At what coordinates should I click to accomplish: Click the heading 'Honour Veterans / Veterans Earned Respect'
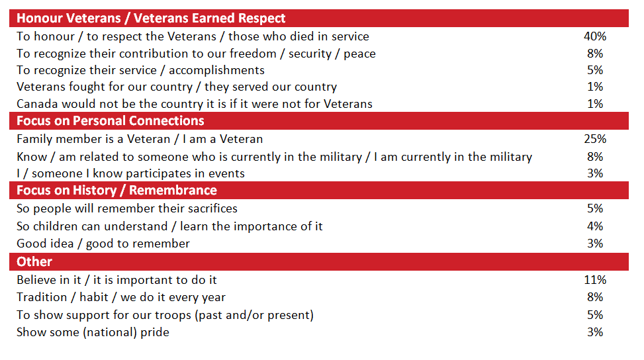(152, 19)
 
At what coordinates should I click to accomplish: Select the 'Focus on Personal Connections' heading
(110, 121)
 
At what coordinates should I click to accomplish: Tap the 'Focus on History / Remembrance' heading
(116, 191)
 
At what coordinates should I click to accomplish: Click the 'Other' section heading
(34, 262)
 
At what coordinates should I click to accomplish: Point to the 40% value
(595, 36)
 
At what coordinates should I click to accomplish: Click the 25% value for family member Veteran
(595, 139)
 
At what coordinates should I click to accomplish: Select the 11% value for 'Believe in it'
(595, 280)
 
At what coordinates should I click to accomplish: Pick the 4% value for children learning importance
(595, 226)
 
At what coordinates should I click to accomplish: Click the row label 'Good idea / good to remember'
(103, 244)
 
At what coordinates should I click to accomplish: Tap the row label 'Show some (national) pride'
(93, 332)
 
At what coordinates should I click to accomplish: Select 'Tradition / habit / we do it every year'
(121, 297)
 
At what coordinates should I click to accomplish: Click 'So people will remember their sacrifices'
(127, 208)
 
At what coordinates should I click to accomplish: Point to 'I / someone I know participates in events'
(130, 173)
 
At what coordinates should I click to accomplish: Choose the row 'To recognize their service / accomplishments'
(140, 70)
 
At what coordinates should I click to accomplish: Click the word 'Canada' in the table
(37, 104)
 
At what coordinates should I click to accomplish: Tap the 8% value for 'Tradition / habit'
(595, 297)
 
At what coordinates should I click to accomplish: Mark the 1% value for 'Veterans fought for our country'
(595, 87)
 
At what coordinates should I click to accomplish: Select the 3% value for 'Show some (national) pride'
(595, 332)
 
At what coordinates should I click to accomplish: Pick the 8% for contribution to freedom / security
(595, 54)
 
